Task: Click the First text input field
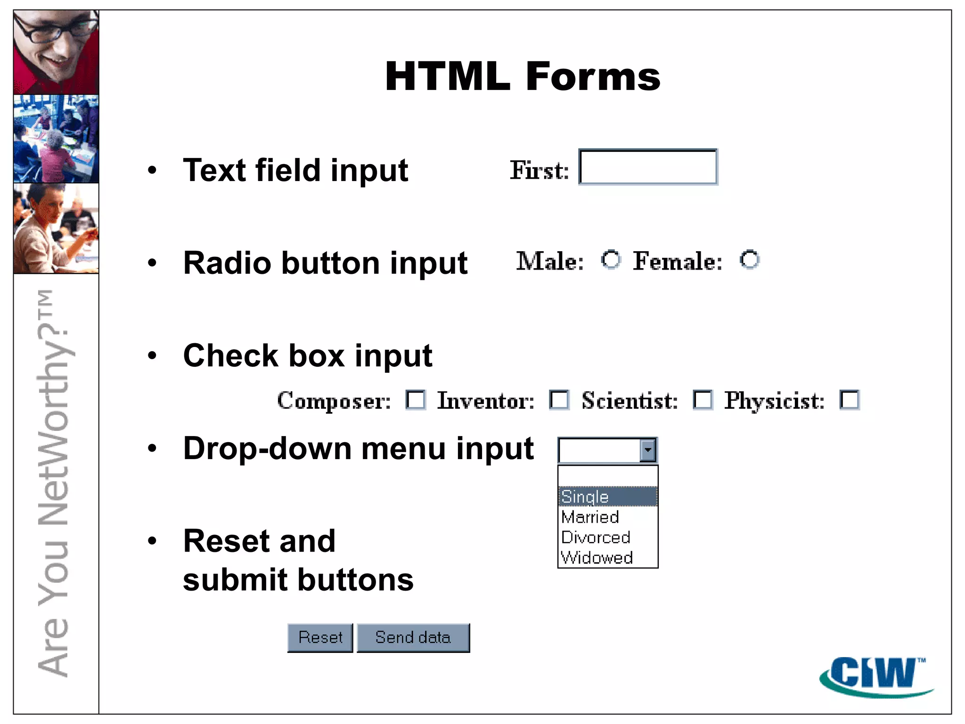coord(648,167)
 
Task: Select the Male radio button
coord(611,260)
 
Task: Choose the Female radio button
coord(749,260)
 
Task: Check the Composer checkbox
coord(416,400)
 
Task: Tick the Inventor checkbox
coord(559,400)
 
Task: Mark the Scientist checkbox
coord(703,400)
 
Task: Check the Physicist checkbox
coord(850,400)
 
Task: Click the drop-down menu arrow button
coord(648,450)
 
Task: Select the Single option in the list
coord(607,497)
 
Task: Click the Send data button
coord(413,638)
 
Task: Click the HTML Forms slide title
coord(523,76)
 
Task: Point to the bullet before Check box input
coord(152,355)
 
